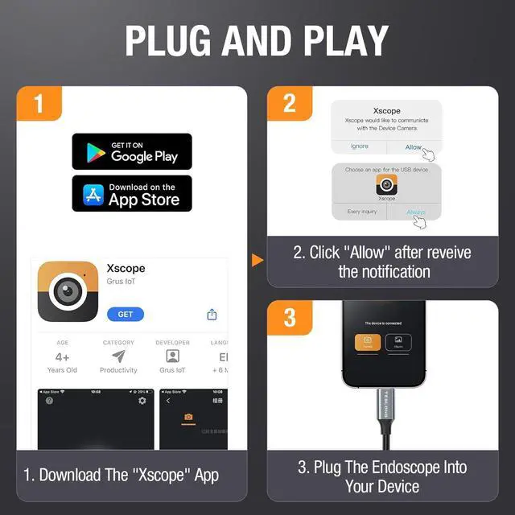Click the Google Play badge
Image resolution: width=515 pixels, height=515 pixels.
[132, 151]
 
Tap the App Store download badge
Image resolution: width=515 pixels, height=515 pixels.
[132, 193]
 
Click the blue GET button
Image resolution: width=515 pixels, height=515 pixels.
[126, 314]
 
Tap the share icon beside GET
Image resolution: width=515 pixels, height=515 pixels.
[212, 314]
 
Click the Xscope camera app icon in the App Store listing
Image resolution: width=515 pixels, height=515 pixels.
[68, 291]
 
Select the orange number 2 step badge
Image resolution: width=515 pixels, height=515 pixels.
[289, 103]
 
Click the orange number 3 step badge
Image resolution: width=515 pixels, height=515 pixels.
[289, 317]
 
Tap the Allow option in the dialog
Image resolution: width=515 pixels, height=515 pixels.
[414, 147]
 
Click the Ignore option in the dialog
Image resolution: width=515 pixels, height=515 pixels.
[359, 146]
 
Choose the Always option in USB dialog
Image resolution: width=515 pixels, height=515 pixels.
[415, 212]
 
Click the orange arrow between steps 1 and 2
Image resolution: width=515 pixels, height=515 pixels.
[257, 260]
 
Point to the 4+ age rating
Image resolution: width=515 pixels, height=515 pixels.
[63, 356]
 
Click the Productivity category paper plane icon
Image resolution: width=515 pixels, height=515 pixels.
[118, 356]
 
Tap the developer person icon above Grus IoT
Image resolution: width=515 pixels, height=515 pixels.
[172, 356]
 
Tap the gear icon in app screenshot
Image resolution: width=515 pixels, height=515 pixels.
[142, 400]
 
